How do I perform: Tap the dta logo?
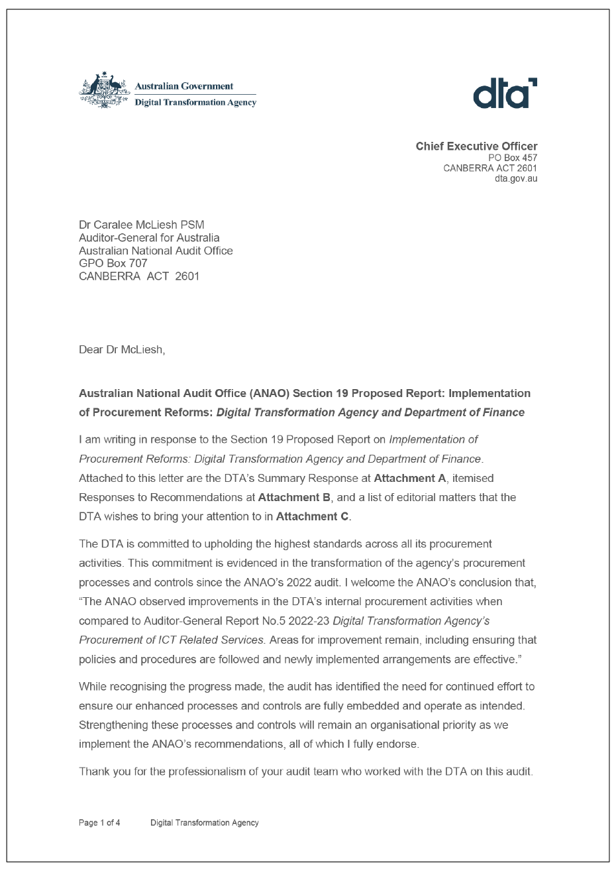pyautogui.click(x=505, y=93)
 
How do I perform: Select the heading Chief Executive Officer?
pyautogui.click(x=476, y=146)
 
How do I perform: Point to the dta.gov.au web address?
pyautogui.click(x=516, y=179)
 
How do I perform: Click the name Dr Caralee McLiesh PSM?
pyautogui.click(x=142, y=225)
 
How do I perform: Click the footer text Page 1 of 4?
pyautogui.click(x=99, y=823)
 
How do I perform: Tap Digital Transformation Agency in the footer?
pyautogui.click(x=205, y=823)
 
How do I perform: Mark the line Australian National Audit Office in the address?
pyautogui.click(x=156, y=251)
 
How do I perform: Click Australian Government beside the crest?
pyautogui.click(x=183, y=86)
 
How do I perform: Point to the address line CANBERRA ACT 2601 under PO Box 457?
pyautogui.click(x=490, y=168)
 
